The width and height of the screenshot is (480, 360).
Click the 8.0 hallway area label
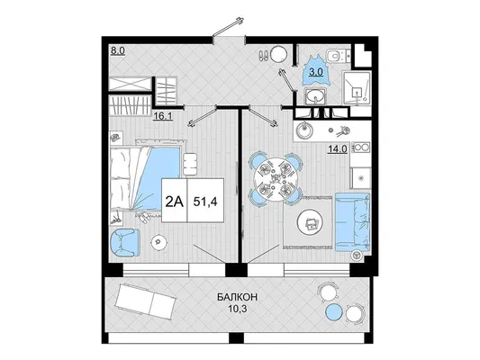[118, 50]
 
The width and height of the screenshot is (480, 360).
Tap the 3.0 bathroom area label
[315, 72]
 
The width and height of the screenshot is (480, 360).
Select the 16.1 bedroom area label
[162, 116]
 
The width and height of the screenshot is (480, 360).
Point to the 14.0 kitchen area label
[338, 149]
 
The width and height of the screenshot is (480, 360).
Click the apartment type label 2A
[174, 202]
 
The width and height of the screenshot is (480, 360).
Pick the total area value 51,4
[205, 202]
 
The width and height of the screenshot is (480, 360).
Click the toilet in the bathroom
[335, 56]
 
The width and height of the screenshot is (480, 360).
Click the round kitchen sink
[304, 130]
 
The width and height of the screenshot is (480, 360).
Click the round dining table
[276, 177]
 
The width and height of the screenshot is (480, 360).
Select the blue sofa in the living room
[353, 222]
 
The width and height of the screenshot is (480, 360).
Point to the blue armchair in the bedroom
[125, 242]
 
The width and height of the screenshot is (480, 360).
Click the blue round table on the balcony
[334, 312]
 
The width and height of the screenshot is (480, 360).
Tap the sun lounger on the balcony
[145, 301]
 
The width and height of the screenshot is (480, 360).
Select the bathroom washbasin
[315, 95]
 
